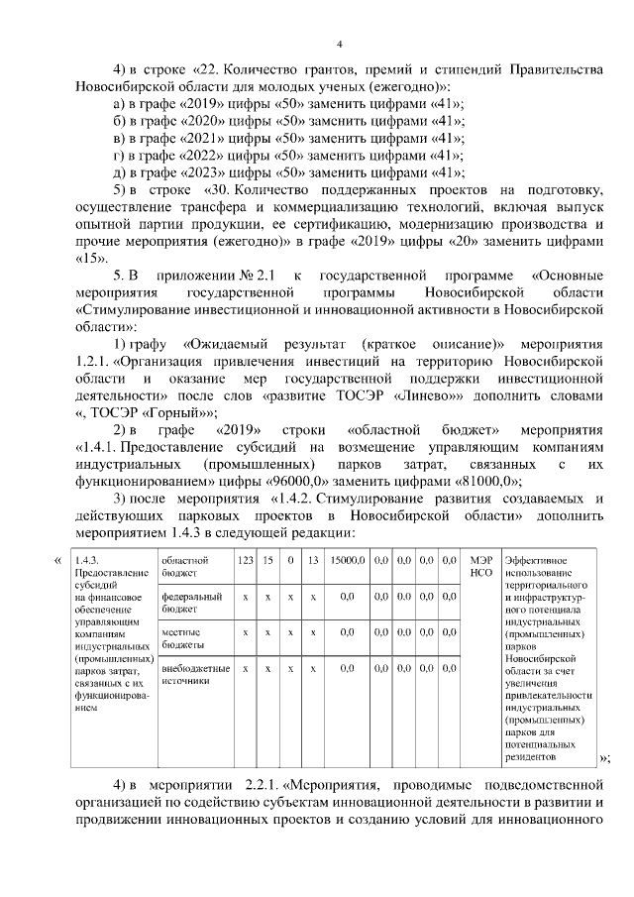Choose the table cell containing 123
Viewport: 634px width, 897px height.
(245, 561)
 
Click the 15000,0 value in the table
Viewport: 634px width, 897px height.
(348, 561)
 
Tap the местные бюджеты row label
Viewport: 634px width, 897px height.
(182, 637)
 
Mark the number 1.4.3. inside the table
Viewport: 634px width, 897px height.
(88, 561)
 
